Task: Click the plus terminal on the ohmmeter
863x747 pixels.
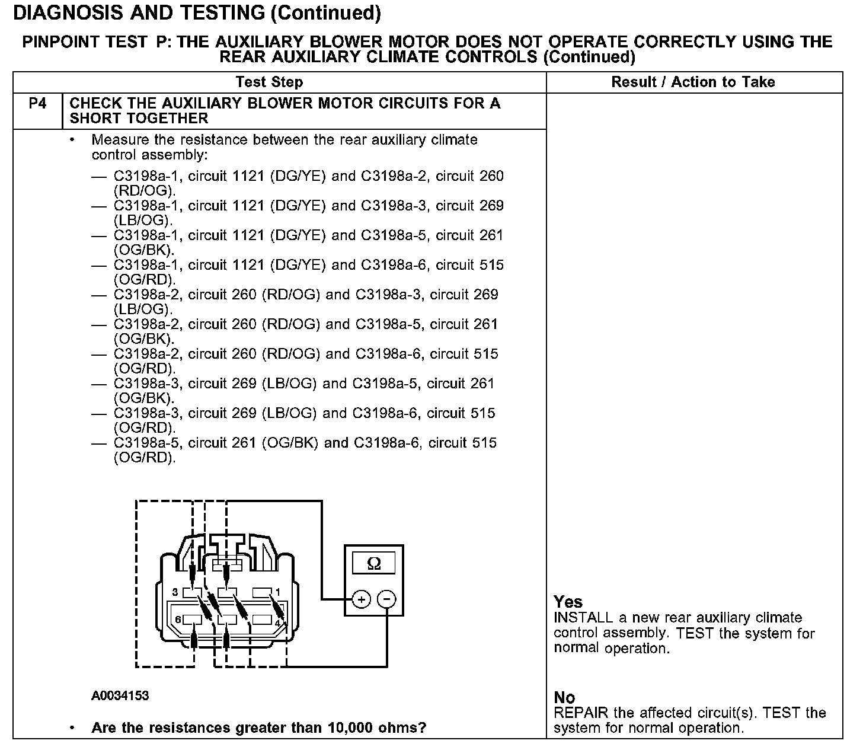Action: (361, 599)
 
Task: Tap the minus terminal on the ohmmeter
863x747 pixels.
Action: (386, 599)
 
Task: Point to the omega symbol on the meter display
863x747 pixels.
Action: (374, 563)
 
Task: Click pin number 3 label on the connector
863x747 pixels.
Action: (175, 592)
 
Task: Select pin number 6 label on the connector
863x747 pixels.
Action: (177, 620)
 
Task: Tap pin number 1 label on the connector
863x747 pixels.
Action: (277, 592)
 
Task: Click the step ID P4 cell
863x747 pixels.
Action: (37, 104)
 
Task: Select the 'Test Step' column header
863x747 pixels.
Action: (269, 82)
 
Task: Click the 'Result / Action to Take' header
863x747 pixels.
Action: (693, 82)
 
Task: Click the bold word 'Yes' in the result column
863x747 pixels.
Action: (568, 602)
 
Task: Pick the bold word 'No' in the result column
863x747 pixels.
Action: (564, 698)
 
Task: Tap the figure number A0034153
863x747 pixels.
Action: (120, 695)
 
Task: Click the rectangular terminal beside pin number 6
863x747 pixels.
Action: (193, 620)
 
